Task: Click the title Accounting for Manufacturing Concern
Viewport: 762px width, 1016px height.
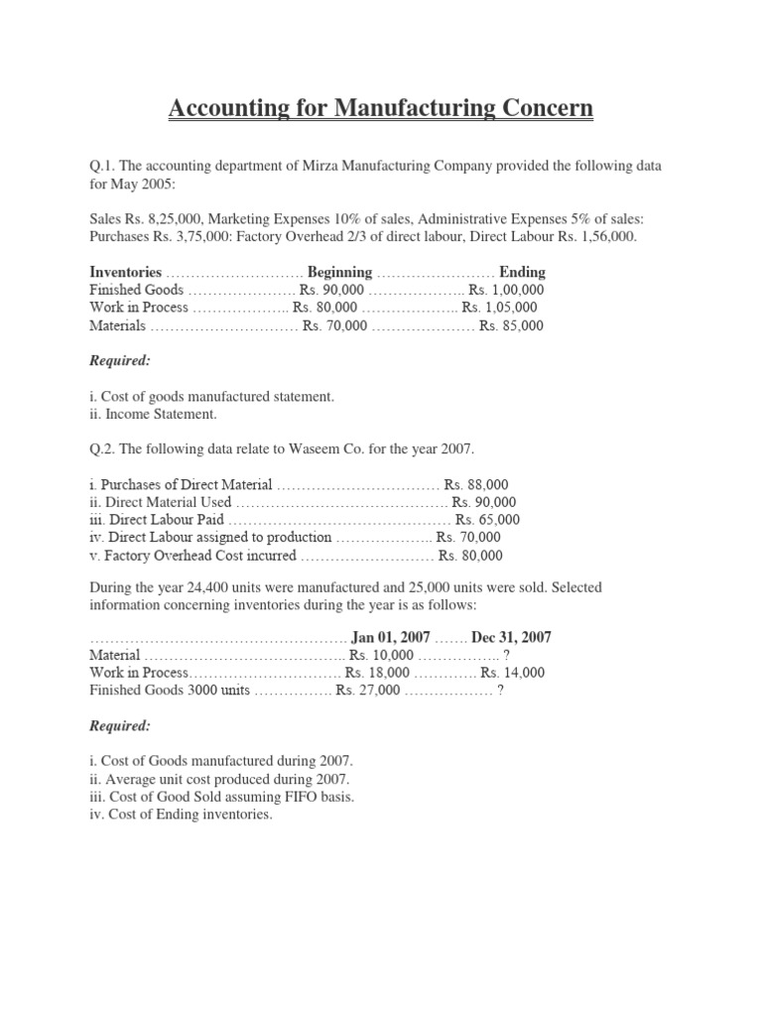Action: click(381, 107)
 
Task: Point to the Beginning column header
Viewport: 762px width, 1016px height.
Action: click(339, 272)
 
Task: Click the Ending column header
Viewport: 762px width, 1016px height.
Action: click(522, 272)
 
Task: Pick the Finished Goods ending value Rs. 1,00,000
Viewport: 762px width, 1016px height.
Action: click(505, 290)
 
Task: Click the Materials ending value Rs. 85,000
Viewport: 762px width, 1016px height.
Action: click(511, 325)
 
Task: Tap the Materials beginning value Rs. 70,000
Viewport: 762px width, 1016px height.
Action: click(334, 325)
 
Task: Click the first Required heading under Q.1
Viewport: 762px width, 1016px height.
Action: click(120, 361)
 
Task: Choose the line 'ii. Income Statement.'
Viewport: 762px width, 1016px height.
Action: click(152, 414)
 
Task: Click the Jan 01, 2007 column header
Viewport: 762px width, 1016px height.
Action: click(391, 637)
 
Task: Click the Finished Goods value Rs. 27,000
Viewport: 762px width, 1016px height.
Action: click(368, 691)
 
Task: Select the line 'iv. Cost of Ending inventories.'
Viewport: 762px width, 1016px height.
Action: click(181, 815)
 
